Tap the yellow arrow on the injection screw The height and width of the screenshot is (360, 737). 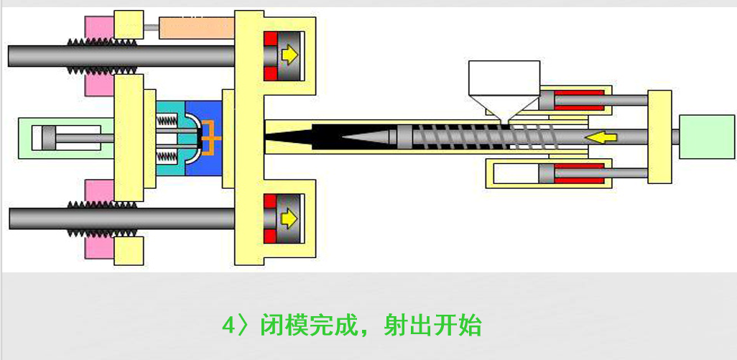click(x=601, y=137)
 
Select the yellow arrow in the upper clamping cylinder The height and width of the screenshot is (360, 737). click(x=289, y=55)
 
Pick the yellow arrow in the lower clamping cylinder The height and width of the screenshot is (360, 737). click(x=289, y=218)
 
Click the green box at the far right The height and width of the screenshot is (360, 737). click(x=707, y=137)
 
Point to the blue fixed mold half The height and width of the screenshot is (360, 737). click(x=203, y=138)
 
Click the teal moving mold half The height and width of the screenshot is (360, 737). click(x=170, y=138)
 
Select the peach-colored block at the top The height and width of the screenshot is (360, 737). click(x=197, y=28)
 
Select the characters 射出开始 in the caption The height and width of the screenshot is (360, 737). click(x=432, y=326)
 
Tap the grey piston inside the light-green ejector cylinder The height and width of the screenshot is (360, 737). click(x=48, y=138)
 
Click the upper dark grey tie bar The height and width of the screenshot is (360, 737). click(x=121, y=56)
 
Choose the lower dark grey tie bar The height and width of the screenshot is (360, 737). click(x=121, y=218)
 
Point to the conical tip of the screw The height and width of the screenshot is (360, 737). click(x=369, y=137)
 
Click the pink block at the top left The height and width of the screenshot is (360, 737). click(x=99, y=28)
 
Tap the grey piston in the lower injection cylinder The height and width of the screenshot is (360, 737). click(x=547, y=173)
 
